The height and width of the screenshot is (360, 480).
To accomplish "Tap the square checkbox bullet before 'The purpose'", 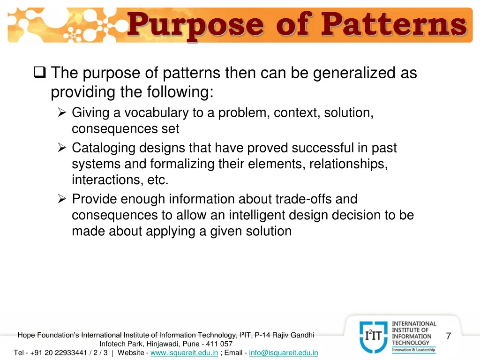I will pos(39,73).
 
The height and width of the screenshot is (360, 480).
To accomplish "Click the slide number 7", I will pos(449,336).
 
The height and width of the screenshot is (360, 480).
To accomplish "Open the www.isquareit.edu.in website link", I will pos(184,352).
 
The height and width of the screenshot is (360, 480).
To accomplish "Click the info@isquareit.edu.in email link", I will pos(284,352).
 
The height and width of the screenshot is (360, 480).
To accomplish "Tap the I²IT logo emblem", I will pos(374,337).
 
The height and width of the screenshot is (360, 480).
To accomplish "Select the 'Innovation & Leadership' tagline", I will pos(414,350).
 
